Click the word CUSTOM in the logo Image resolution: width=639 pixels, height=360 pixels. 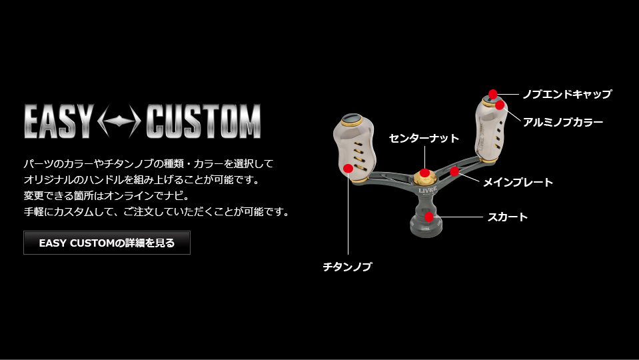point(203,121)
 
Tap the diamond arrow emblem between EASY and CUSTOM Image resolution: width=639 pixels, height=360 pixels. point(120,121)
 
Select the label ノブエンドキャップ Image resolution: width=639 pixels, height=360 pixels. point(567,94)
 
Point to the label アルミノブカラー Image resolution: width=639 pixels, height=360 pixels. point(563,122)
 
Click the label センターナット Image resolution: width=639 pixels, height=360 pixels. point(424,138)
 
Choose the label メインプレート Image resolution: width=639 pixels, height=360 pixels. point(518,182)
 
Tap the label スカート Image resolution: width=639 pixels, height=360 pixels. point(508,217)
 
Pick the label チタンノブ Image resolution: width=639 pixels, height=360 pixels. point(348,267)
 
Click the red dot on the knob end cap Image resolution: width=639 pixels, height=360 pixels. point(492,94)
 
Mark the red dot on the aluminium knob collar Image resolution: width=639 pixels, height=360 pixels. point(500,105)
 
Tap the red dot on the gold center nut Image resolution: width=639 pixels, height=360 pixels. point(424,173)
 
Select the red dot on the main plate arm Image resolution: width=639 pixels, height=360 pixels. point(454,171)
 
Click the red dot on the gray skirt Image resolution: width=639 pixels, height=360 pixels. point(428,217)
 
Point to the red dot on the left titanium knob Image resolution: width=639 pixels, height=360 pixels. point(348,168)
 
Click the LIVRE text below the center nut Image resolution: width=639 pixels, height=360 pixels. point(428,189)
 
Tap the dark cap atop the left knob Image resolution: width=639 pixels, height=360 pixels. point(352,119)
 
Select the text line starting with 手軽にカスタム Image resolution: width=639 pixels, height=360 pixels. point(157,212)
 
